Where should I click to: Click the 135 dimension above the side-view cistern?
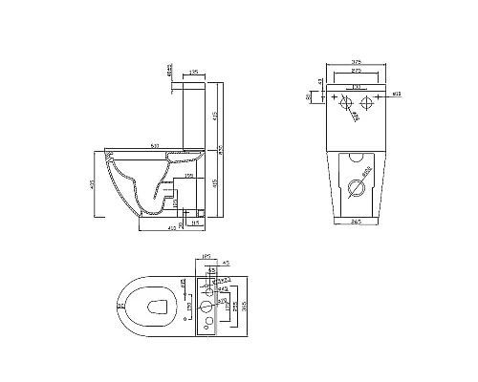(x=194, y=71)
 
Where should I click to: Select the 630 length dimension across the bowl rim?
(x=154, y=145)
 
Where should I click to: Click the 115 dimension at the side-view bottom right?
(x=194, y=223)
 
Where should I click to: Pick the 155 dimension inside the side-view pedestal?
(x=190, y=177)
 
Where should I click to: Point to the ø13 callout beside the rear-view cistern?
(x=396, y=94)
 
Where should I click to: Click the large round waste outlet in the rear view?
(x=357, y=187)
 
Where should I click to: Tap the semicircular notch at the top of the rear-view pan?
(x=357, y=156)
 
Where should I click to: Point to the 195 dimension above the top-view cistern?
(x=204, y=257)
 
